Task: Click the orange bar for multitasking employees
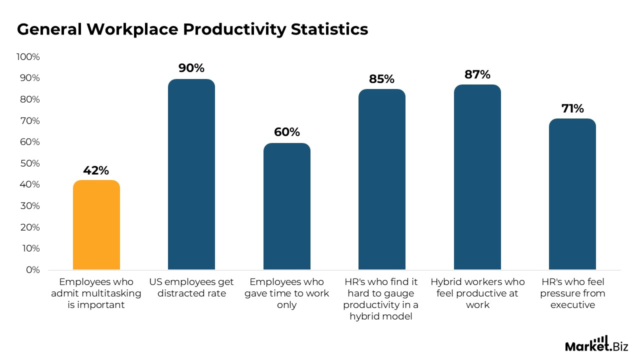96,225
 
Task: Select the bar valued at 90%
191,174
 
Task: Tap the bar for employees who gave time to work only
287,206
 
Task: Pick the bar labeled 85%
382,179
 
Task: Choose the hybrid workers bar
477,177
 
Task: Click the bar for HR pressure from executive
572,194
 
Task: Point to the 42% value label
96,170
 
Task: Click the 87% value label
477,75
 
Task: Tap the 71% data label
572,109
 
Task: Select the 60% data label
287,132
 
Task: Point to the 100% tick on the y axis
28,57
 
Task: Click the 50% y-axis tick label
29,163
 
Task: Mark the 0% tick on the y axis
32,270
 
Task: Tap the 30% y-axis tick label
29,206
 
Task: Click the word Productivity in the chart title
234,30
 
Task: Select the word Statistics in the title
329,30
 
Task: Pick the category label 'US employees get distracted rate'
191,287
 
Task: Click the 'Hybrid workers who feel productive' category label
477,293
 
